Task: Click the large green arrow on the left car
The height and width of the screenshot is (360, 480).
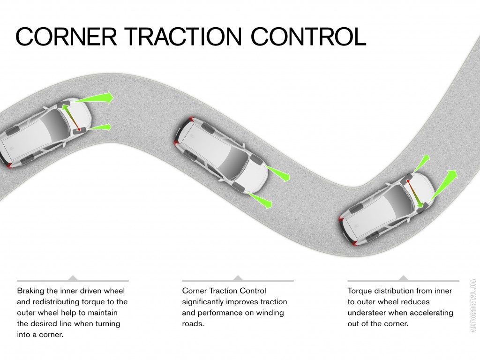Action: pyautogui.click(x=96, y=98)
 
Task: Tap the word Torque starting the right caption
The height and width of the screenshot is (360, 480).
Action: pyautogui.click(x=360, y=291)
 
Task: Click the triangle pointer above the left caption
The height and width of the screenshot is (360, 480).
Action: pyautogui.click(x=73, y=278)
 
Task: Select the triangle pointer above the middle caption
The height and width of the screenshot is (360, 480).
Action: pyautogui.click(x=238, y=278)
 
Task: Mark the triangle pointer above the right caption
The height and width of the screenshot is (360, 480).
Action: pyautogui.click(x=403, y=278)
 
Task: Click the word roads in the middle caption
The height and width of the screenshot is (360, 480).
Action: pyautogui.click(x=193, y=323)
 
